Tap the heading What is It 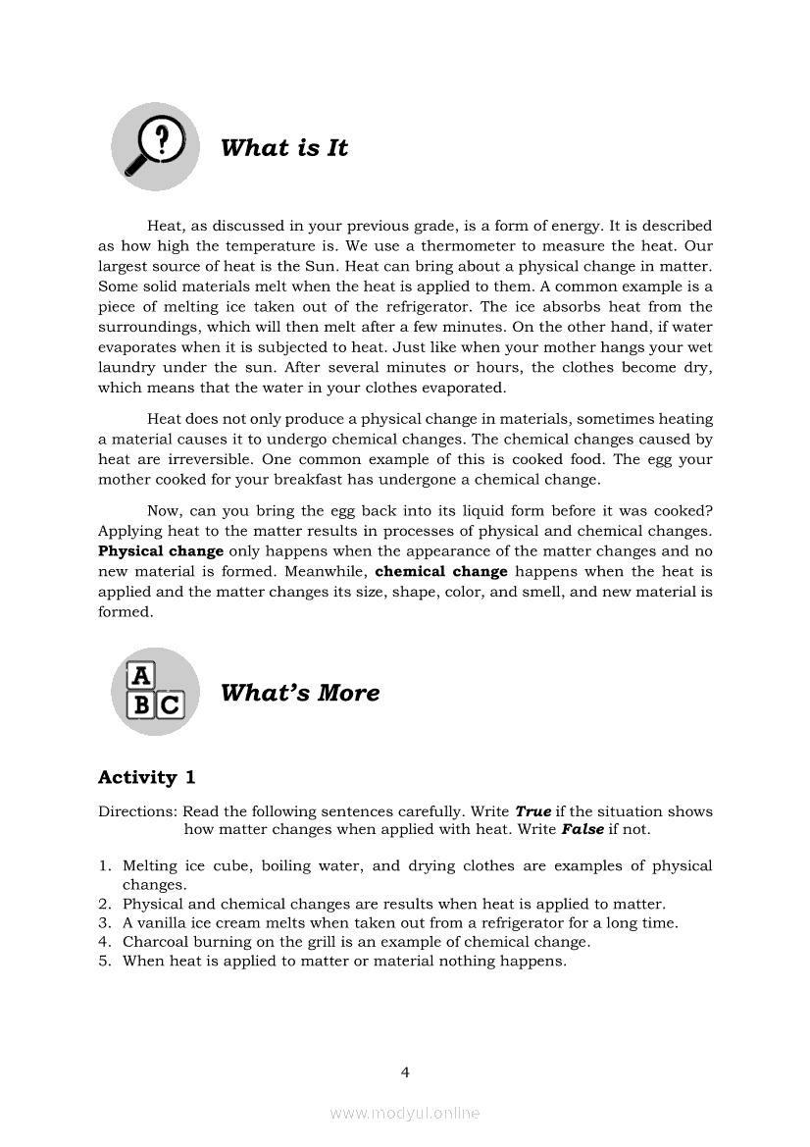284,148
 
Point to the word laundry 126,367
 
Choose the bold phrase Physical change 161,551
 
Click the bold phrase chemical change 441,571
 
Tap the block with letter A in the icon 142,676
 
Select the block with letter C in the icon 171,704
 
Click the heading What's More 300,693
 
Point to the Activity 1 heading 147,777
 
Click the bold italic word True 533,811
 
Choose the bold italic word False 582,829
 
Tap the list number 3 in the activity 103,922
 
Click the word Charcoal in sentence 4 157,942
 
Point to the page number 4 405,1071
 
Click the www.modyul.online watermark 405,1113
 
